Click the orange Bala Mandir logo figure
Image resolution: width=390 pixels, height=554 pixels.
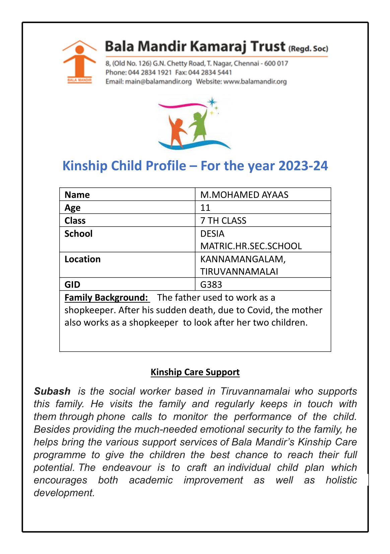tap(79, 60)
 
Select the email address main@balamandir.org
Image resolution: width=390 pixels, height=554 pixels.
tap(158, 81)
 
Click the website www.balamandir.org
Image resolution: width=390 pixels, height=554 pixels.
tap(255, 81)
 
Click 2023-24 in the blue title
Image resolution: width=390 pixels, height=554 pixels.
tap(303, 166)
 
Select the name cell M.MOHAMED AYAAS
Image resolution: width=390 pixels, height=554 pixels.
tap(244, 195)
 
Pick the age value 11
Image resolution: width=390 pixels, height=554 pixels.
tap(205, 208)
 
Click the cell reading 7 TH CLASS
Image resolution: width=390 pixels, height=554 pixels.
tap(223, 221)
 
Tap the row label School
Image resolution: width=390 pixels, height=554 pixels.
tap(78, 234)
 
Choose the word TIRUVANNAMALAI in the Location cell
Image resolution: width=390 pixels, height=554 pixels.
tap(239, 271)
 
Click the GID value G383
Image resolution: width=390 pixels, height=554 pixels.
tap(211, 285)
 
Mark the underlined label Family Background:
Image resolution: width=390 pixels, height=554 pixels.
tap(106, 298)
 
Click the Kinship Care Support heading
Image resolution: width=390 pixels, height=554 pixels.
tap(195, 372)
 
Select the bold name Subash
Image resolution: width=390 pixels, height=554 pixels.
tap(52, 391)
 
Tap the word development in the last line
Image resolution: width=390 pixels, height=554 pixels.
tap(64, 493)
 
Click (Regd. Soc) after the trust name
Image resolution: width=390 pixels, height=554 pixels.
tap(308, 49)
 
